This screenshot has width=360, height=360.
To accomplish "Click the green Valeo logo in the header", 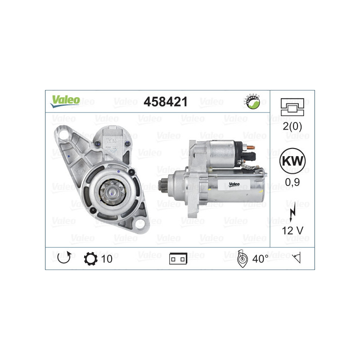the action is click(65, 101).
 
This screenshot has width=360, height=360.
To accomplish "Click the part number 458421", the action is click(166, 102).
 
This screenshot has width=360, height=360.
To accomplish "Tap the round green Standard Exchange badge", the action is click(252, 102).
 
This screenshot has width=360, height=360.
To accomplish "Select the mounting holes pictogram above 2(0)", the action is click(292, 107).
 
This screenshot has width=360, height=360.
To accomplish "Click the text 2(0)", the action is click(292, 126).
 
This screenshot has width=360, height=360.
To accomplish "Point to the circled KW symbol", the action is click(292, 161).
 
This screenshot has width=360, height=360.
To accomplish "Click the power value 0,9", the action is click(292, 182).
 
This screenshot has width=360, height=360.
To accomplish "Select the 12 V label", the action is click(292, 230).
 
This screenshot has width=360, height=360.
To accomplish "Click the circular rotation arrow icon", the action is click(64, 258).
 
